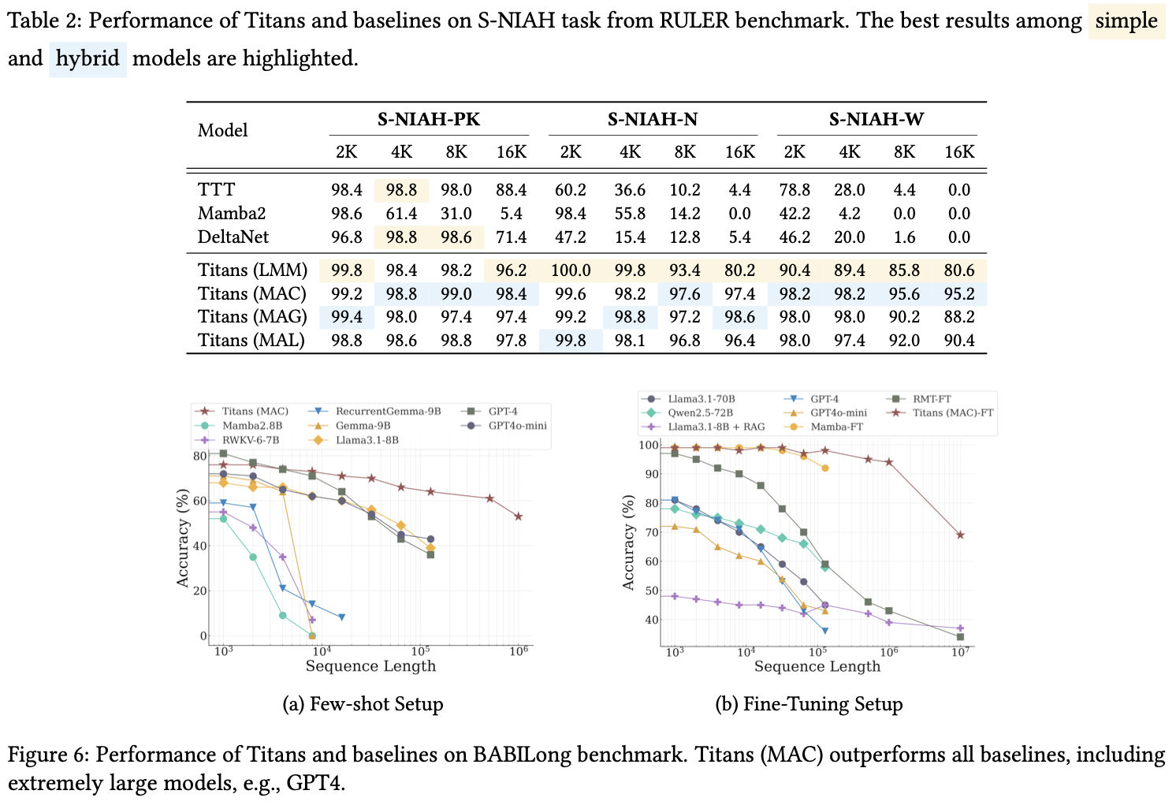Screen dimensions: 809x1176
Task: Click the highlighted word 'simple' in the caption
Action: click(x=1126, y=21)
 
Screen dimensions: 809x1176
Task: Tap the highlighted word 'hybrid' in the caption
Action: click(x=87, y=58)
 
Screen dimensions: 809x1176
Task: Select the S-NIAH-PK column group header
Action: click(x=428, y=120)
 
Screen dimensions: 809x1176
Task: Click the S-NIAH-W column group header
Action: click(x=876, y=120)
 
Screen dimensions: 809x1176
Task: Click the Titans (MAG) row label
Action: click(x=251, y=317)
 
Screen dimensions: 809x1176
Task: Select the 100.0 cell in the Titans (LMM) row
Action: click(x=571, y=270)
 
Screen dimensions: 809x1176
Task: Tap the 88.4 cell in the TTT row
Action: click(x=511, y=190)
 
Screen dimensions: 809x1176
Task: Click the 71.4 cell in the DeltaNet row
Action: click(x=511, y=237)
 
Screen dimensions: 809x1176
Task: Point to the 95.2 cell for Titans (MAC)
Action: click(x=958, y=294)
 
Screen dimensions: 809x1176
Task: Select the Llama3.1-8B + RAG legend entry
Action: click(x=716, y=427)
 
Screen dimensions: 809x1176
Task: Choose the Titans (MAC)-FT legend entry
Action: click(x=952, y=412)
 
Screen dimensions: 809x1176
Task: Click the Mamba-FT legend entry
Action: click(x=835, y=427)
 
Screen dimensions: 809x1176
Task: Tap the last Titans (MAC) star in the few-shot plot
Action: click(x=518, y=516)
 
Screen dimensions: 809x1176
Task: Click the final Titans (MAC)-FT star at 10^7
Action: click(x=960, y=535)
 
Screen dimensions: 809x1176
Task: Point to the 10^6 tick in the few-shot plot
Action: click(x=518, y=651)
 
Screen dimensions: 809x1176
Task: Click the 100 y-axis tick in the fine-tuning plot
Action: click(x=648, y=446)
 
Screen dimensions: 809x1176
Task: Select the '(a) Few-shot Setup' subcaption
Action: click(x=363, y=704)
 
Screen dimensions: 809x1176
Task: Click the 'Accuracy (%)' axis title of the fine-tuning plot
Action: click(x=628, y=542)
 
